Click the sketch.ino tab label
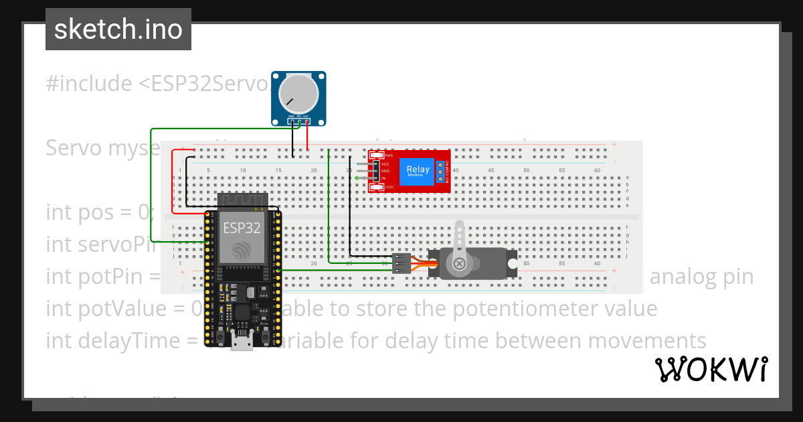coord(118,29)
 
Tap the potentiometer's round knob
coord(298,93)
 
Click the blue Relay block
coord(418,171)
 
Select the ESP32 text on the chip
coord(242,228)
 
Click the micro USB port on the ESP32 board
coord(242,343)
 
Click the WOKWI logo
coord(711,369)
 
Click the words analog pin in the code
coord(702,277)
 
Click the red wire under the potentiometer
coord(307,137)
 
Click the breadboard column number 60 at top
coord(597,171)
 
